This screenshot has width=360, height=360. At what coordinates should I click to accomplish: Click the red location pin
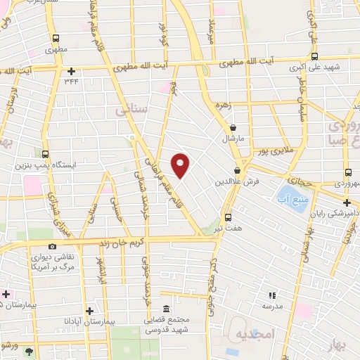point(181,165)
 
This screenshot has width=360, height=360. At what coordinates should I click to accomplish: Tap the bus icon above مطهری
point(56,39)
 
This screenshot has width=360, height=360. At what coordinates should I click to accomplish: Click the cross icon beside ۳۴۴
point(72,70)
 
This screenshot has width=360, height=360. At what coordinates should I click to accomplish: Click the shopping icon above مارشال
point(233,127)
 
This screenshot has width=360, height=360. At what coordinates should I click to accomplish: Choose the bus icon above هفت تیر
point(228,217)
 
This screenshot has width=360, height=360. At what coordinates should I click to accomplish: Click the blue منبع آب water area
point(288,191)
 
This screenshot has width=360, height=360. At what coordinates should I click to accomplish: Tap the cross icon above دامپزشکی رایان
point(347,202)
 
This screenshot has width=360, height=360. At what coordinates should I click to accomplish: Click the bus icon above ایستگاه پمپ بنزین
point(45,154)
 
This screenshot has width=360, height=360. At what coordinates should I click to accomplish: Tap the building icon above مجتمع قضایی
point(166,309)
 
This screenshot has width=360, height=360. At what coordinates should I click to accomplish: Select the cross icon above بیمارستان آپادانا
point(89,310)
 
